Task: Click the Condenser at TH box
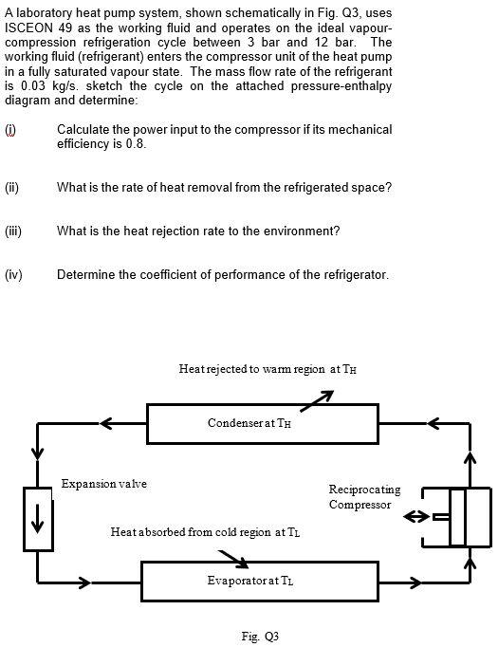point(248,423)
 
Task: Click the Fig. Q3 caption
point(260,635)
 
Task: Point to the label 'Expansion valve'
point(104,484)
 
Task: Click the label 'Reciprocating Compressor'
point(364,497)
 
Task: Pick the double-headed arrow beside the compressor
point(419,517)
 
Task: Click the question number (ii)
point(12,188)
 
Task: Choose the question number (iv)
point(13,275)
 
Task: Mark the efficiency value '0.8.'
point(134,143)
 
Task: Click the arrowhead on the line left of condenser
point(107,422)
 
